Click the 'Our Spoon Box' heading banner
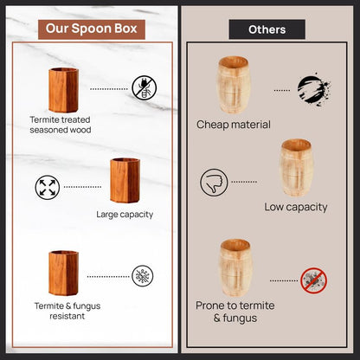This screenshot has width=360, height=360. pyautogui.click(x=92, y=29)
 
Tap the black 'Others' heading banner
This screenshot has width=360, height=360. pyautogui.click(x=267, y=29)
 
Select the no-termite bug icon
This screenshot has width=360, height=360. pyautogui.click(x=145, y=88)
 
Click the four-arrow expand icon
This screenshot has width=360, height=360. pyautogui.click(x=48, y=187)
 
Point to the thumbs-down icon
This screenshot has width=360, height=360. pyautogui.click(x=214, y=183)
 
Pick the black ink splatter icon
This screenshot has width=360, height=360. pyautogui.click(x=313, y=89)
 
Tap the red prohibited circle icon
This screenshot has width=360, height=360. pyautogui.click(x=313, y=280)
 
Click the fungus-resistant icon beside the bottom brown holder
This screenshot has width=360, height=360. pyautogui.click(x=143, y=276)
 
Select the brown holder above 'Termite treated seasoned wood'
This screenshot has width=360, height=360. pyautogui.click(x=63, y=90)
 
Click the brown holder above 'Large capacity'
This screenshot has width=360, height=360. pyautogui.click(x=125, y=180)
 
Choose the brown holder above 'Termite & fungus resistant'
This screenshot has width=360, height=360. pyautogui.click(x=63, y=273)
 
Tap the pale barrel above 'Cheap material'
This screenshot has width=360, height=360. pyautogui.click(x=234, y=85)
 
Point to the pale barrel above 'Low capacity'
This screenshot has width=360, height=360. pyautogui.click(x=296, y=168)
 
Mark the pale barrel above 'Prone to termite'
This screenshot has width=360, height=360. pyautogui.click(x=235, y=267)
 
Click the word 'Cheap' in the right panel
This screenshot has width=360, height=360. pyautogui.click(x=212, y=125)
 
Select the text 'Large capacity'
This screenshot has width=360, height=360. pyautogui.click(x=125, y=215)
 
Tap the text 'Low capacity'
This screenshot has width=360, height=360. pyautogui.click(x=296, y=207)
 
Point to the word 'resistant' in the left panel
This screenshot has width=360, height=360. pyautogui.click(x=67, y=316)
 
